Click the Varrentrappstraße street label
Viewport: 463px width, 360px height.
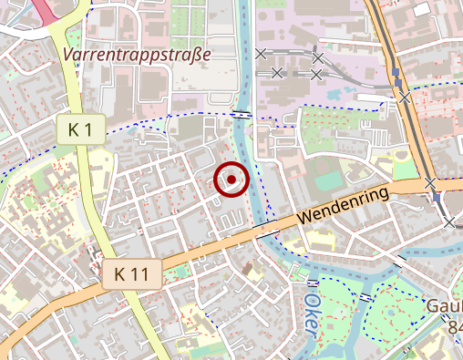[x=138, y=55]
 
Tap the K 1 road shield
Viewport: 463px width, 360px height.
[x=81, y=129]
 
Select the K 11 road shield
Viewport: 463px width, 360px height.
[x=132, y=273]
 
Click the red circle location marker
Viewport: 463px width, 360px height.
[x=231, y=179]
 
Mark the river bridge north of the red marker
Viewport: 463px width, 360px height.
[x=241, y=113]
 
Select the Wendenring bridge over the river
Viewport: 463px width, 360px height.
[x=265, y=225]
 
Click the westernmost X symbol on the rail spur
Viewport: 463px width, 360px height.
[x=262, y=54]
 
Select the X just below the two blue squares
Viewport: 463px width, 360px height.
[x=405, y=97]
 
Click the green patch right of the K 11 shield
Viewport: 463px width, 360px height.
[x=180, y=271]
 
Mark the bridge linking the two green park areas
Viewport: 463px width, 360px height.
[x=365, y=297]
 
